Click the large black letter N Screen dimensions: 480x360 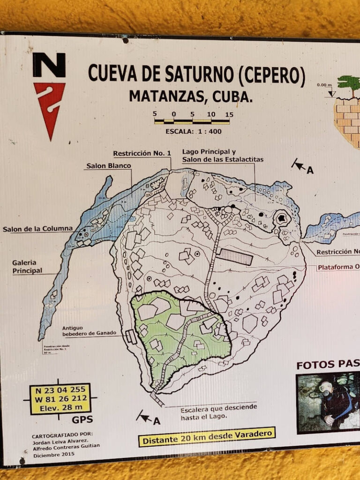click(x=49, y=65)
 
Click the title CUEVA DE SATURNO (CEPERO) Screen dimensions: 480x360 click(x=196, y=75)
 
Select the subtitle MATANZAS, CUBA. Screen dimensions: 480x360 click(x=191, y=96)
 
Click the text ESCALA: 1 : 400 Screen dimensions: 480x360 click(x=193, y=131)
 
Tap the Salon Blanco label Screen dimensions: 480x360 click(x=108, y=165)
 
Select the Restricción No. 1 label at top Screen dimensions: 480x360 click(x=142, y=153)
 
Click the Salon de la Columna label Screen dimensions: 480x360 click(x=37, y=229)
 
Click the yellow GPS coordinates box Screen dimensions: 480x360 click(x=60, y=398)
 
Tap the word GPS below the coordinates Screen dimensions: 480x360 click(x=82, y=419)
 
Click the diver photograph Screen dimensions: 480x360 click(x=328, y=402)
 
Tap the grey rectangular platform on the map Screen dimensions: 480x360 click(x=236, y=256)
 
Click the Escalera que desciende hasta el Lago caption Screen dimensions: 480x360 click(x=218, y=411)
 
